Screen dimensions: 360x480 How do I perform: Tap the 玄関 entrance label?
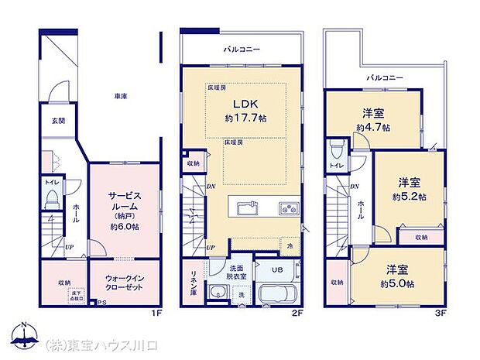[x=59, y=121]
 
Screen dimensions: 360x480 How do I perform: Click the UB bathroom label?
[x=276, y=269]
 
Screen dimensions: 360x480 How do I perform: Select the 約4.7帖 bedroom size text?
[x=373, y=128]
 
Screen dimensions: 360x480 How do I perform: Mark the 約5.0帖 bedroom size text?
[x=395, y=283]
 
